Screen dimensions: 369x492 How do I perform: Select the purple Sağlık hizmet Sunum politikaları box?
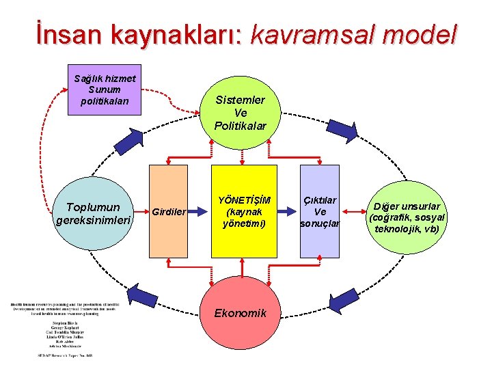pos(105,89)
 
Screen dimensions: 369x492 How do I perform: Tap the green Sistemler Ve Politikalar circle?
pos(240,113)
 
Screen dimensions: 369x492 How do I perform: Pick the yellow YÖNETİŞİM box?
pos(244,211)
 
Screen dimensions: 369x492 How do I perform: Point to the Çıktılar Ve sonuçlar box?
pos(320,212)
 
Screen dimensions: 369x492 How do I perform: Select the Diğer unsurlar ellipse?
pos(407,217)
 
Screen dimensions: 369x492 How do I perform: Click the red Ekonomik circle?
pos(240,313)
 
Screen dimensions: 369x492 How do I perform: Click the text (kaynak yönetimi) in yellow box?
pos(244,217)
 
